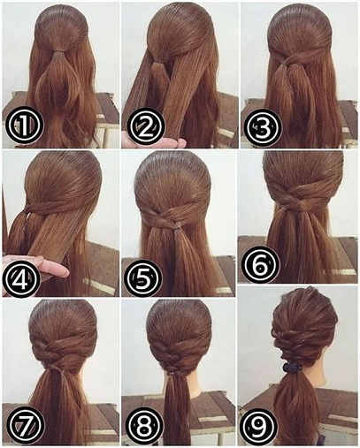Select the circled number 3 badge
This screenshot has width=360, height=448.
pyautogui.click(x=261, y=127)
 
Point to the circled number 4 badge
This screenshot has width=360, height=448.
pyautogui.click(x=20, y=278)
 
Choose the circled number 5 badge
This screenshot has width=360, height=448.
pyautogui.click(x=142, y=279)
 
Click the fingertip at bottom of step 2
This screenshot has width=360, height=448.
pyautogui.click(x=180, y=141)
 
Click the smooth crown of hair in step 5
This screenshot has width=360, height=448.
pyautogui.click(x=180, y=177)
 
